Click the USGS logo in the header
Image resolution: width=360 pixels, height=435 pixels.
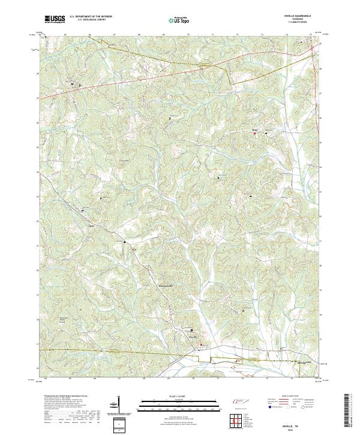click(55, 20)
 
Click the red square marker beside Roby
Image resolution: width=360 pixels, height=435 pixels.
click(254, 134)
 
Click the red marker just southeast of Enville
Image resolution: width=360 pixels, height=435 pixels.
click(202, 344)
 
